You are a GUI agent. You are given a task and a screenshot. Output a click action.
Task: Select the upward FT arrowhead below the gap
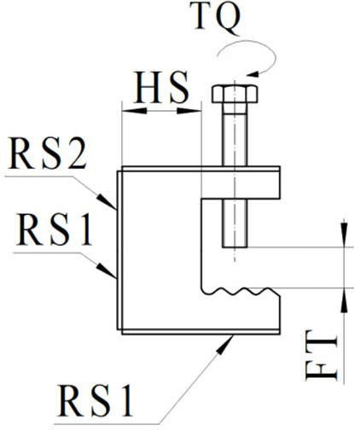345,299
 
